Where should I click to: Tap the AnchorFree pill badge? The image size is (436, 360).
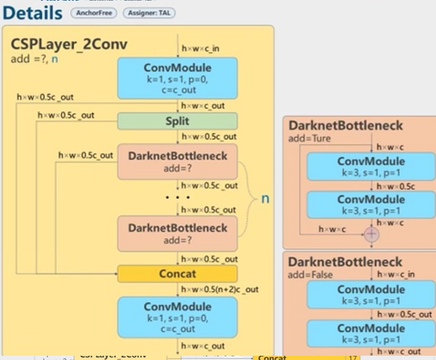pyautogui.click(x=93, y=13)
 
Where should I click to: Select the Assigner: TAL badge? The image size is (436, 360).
pyautogui.click(x=149, y=13)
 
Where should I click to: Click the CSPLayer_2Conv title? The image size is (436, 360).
pyautogui.click(x=69, y=45)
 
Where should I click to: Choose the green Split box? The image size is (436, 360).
pyautogui.click(x=177, y=121)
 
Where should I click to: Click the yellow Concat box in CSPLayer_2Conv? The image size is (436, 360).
pyautogui.click(x=177, y=274)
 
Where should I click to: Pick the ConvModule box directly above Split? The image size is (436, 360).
pyautogui.click(x=177, y=78)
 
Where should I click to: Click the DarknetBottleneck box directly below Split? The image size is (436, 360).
pyautogui.click(x=177, y=161)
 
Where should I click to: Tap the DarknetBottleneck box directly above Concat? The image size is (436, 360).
pyautogui.click(x=177, y=233)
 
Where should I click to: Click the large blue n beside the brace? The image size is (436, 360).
pyautogui.click(x=264, y=198)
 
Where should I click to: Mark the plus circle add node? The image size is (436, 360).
pyautogui.click(x=371, y=234)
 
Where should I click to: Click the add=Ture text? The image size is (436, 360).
pyautogui.click(x=310, y=139)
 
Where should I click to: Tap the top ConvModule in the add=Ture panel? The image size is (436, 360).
pyautogui.click(x=371, y=166)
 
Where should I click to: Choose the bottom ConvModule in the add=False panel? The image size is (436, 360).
pyautogui.click(x=371, y=333)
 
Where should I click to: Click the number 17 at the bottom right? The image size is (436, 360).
pyautogui.click(x=353, y=358)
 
